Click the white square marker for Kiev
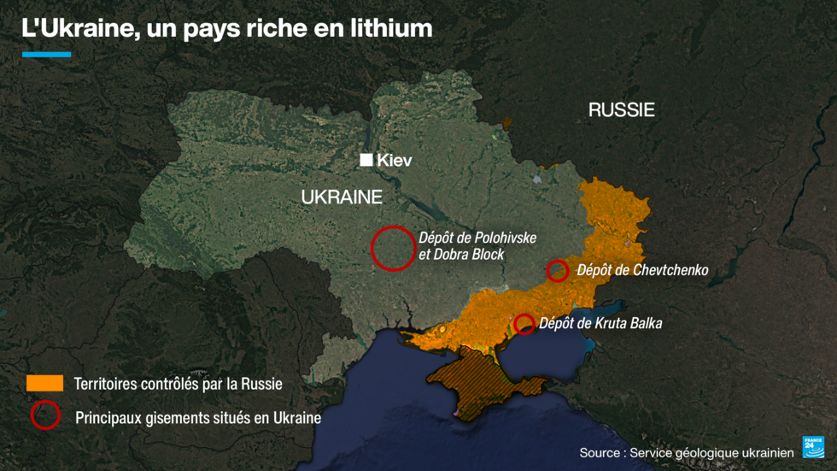pos(366,160)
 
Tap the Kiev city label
pos(395,160)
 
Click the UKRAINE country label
pos(342,197)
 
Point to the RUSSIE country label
pos(621,109)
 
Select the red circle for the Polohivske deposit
pos(393,248)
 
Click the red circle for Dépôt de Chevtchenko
pos(557,271)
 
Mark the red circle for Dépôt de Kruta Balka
pos(525,324)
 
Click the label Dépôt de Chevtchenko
pos(642,270)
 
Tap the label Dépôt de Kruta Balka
pos(601,323)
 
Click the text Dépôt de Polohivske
pos(477,238)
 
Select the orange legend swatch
pos(44,382)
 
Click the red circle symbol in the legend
pos(44,415)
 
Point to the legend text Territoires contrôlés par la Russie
pos(178,384)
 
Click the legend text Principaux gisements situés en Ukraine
pos(198,418)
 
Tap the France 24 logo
pos(812,447)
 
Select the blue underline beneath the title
pos(46,55)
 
